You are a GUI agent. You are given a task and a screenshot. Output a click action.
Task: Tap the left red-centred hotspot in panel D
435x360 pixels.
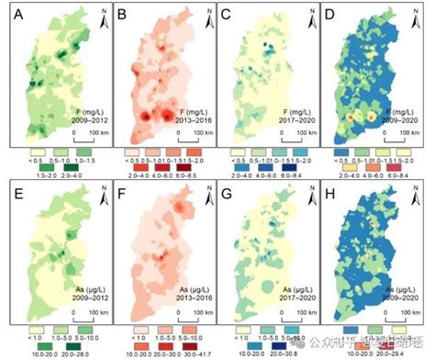pos(350,118)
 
